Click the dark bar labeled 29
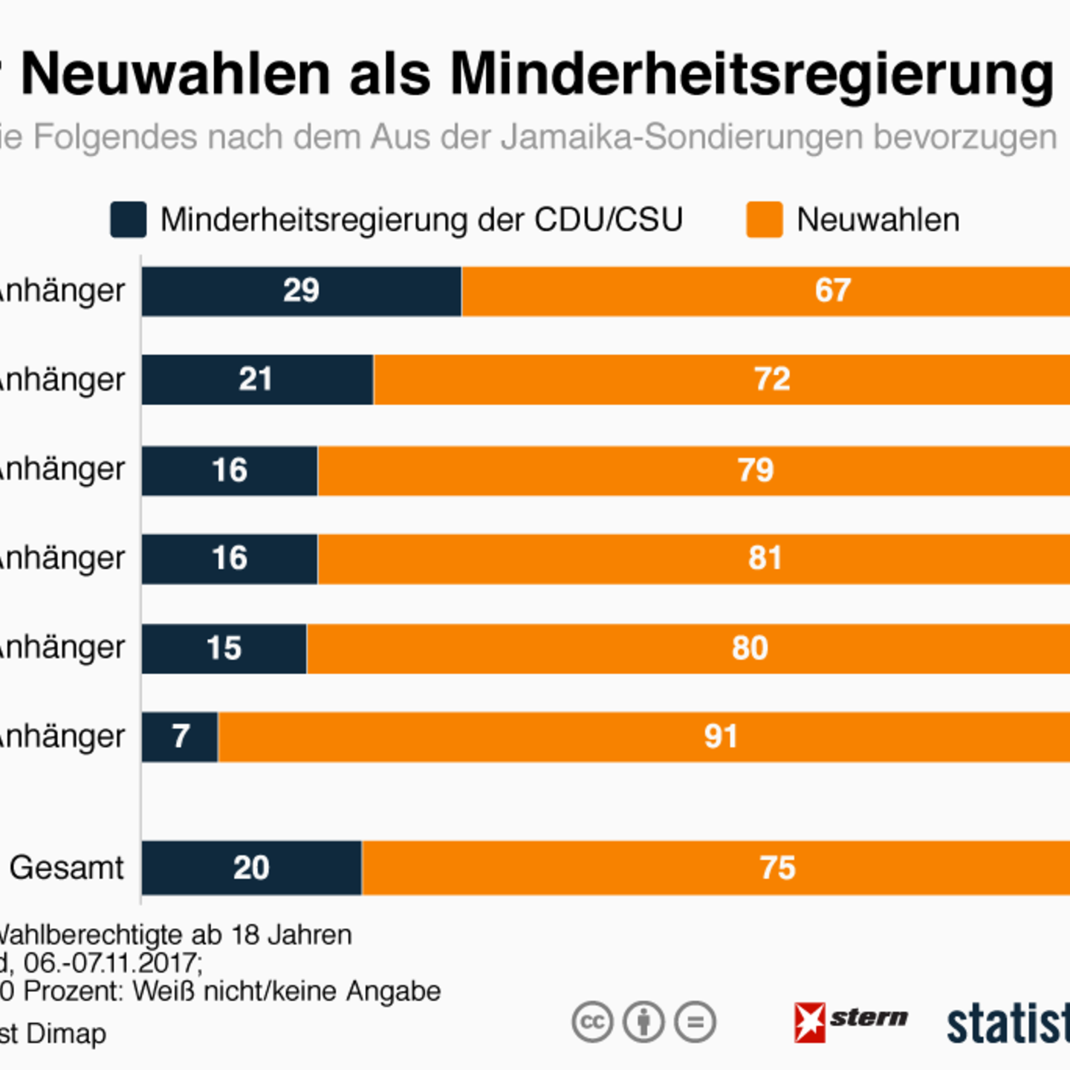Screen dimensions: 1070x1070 pos(301,291)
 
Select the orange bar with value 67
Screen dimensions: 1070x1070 pos(765,291)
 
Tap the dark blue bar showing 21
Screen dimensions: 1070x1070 pos(257,380)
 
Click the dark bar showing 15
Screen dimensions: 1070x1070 pos(224,649)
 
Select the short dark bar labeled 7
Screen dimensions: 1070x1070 pos(180,737)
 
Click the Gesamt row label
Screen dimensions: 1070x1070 pos(66,868)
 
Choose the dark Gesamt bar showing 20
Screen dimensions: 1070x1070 pos(251,868)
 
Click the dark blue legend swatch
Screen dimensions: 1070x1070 pos(129,220)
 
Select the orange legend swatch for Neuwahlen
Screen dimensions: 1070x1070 pos(765,220)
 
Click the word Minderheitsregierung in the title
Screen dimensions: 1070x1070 pos(752,74)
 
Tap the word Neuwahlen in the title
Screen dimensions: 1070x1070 pos(175,74)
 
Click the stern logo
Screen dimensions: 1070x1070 pos(851,1021)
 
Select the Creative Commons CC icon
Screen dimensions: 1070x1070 pos(592,1022)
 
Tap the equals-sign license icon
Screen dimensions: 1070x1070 pos(695,1022)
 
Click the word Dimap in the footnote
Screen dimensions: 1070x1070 pos(77,1034)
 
